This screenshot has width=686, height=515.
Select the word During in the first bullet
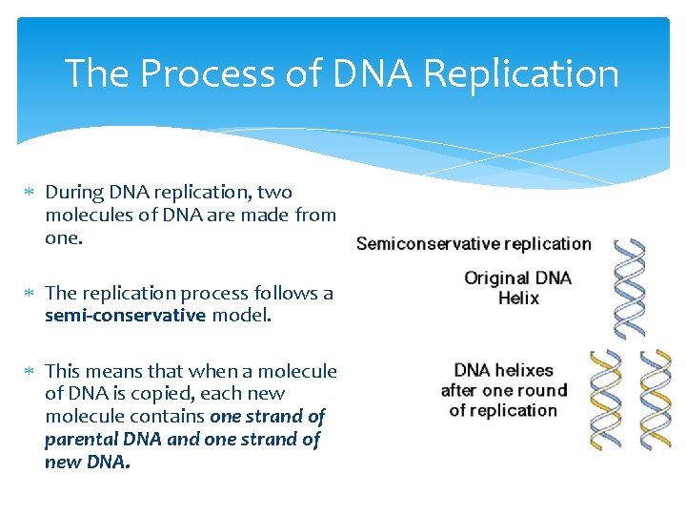pos(72,192)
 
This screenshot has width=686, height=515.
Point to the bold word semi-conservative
pos(125,316)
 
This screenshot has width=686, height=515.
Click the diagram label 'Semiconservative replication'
pos(474,243)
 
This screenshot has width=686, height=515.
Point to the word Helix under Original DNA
pos(518,299)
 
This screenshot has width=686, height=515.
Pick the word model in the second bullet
pos(241,316)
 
